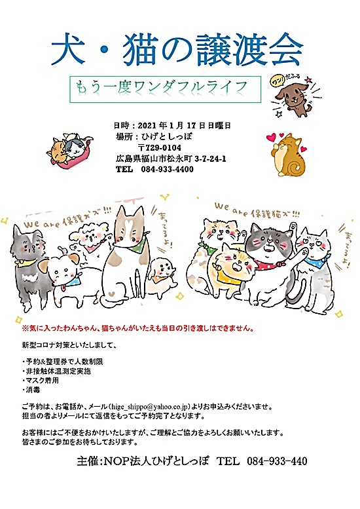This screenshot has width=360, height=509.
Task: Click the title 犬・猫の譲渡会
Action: coord(177,47)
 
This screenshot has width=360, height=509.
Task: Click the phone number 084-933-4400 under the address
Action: coord(167,169)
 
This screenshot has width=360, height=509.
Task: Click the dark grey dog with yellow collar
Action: coord(26,255)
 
